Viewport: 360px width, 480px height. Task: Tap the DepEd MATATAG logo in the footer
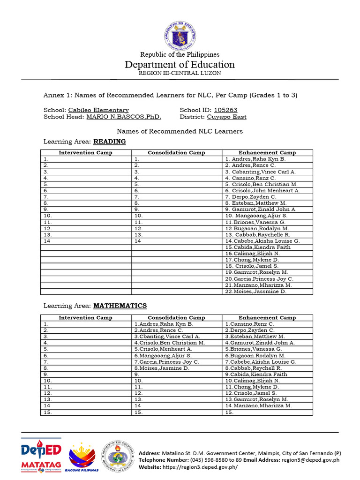coord(41,457)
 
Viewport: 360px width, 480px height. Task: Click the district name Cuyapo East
coord(226,117)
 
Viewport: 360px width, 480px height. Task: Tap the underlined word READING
coord(110,141)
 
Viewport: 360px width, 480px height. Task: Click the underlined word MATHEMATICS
coord(120,306)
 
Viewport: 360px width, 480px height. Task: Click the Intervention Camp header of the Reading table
coord(85,153)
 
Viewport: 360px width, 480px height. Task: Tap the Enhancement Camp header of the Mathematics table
coord(267,318)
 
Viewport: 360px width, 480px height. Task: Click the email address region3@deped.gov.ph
coord(310,460)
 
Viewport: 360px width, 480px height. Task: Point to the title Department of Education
coord(180,65)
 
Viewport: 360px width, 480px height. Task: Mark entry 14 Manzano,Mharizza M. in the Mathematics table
coord(258,406)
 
